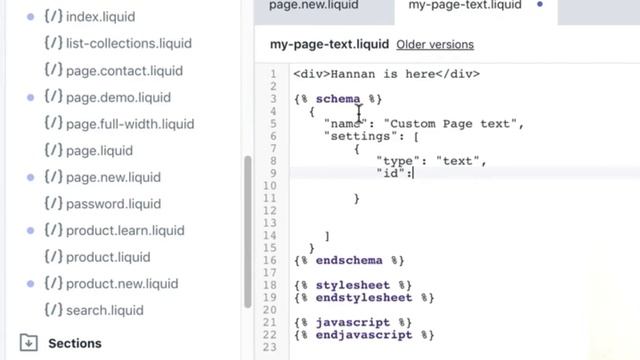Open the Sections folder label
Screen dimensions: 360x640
tap(75, 343)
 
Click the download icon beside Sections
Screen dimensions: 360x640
tap(28, 343)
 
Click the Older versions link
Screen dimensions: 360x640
tap(435, 44)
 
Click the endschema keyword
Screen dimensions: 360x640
tap(349, 260)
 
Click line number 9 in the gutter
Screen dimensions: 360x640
tap(273, 173)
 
